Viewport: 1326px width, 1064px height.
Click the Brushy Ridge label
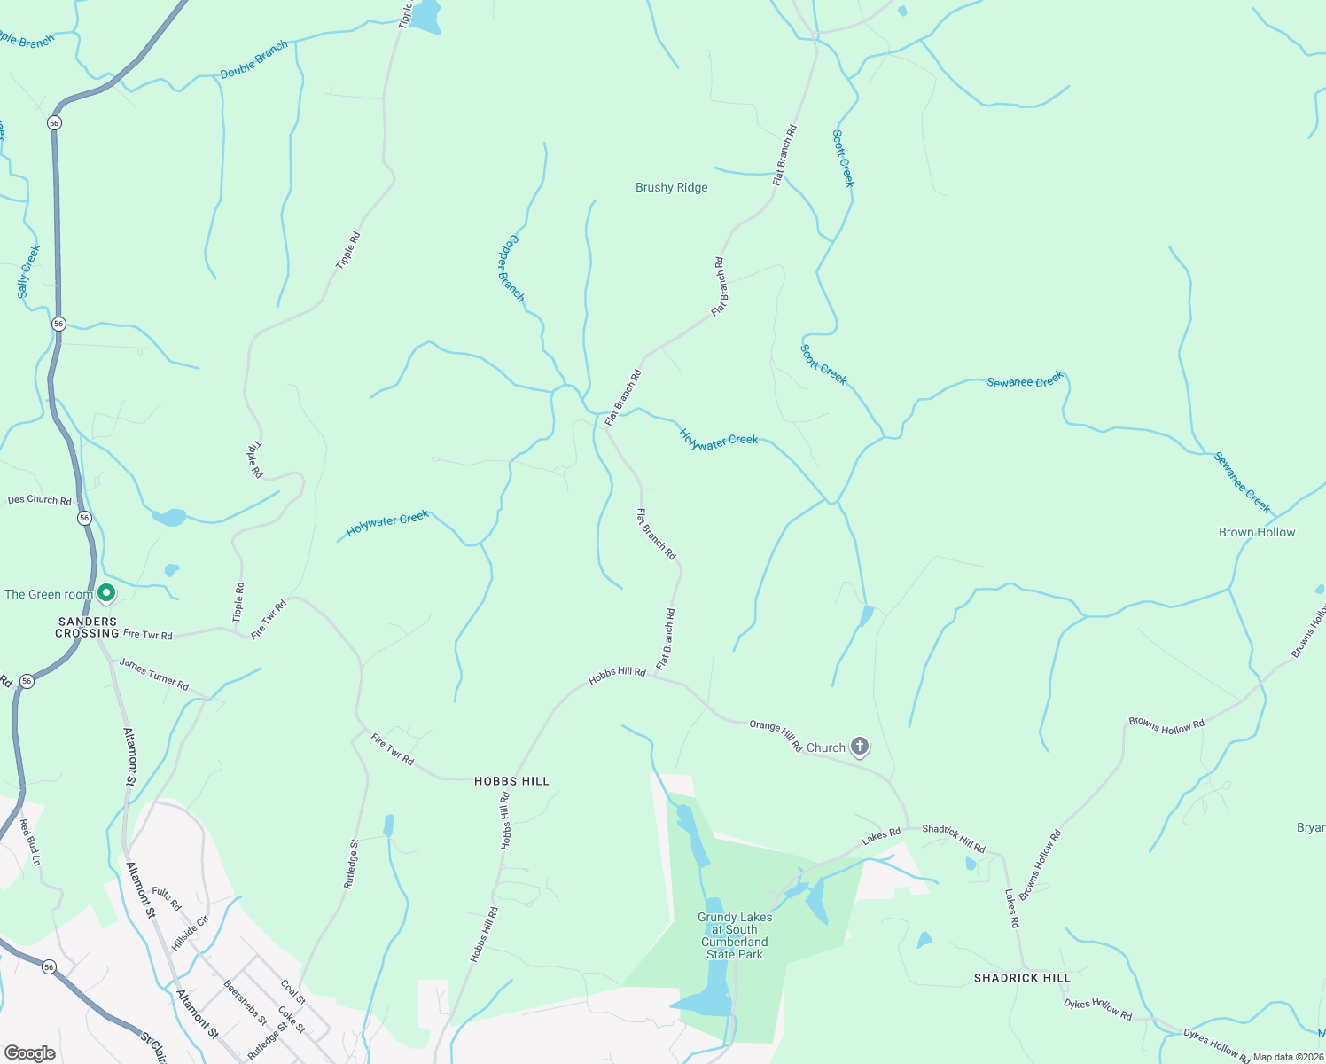tap(672, 188)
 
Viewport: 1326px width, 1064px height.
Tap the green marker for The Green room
tap(106, 592)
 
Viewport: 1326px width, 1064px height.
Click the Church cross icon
tap(859, 747)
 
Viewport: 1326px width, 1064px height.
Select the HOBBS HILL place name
tap(511, 781)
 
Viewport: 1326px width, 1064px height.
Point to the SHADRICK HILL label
tap(1022, 978)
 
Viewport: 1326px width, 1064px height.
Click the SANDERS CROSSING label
tap(87, 628)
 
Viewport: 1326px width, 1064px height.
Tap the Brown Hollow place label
tap(1256, 532)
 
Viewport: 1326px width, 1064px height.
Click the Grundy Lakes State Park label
tap(734, 935)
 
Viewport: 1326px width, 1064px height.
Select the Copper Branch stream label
tap(511, 268)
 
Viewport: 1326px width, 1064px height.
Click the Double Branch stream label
tap(253, 59)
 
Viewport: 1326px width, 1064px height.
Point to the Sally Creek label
tap(29, 271)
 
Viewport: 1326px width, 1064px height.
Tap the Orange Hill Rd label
tap(776, 734)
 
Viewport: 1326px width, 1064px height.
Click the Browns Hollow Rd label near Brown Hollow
tap(1166, 725)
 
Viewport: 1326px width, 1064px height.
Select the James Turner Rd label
tap(154, 675)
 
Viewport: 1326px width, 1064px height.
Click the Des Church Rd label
tap(39, 500)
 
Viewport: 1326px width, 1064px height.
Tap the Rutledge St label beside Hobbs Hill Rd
tap(351, 864)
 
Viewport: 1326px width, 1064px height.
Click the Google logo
tap(29, 1052)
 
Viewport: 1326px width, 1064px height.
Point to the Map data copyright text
tap(1287, 1057)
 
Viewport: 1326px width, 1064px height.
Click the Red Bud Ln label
tap(30, 843)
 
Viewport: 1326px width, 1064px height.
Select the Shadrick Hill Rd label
tap(953, 838)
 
